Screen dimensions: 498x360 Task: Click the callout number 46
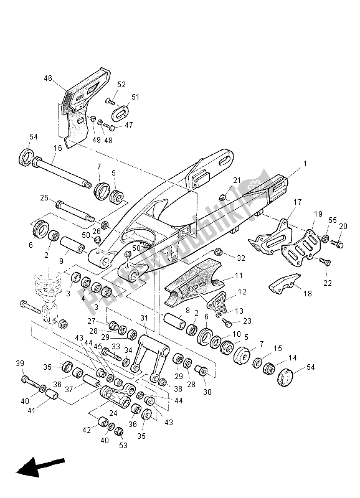[65, 78]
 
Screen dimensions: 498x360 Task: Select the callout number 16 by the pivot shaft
[57, 148]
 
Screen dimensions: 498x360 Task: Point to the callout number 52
[121, 84]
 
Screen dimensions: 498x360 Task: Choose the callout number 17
[297, 202]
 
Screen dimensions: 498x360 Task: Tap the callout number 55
[332, 220]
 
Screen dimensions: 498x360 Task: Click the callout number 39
[19, 364]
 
